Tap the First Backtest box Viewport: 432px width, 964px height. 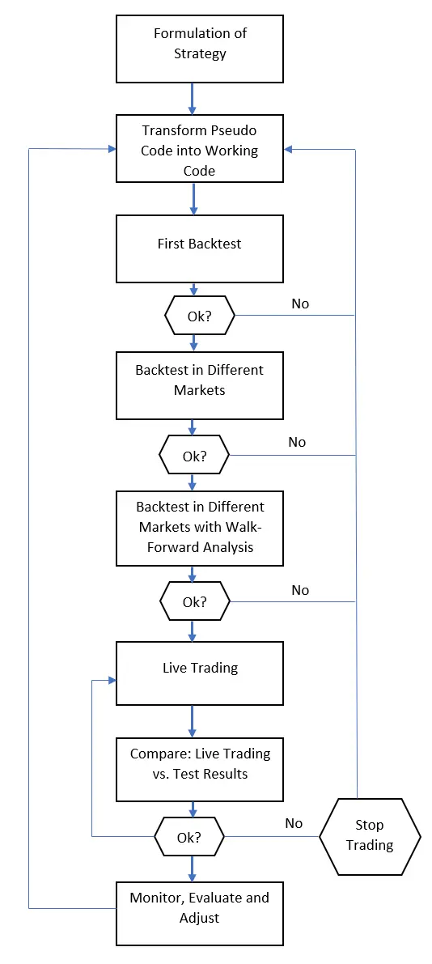click(x=200, y=248)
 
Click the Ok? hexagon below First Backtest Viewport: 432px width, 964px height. click(x=200, y=316)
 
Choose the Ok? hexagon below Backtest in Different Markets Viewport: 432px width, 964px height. click(x=194, y=456)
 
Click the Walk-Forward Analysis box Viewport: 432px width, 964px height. click(x=200, y=528)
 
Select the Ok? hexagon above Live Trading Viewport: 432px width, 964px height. click(x=194, y=601)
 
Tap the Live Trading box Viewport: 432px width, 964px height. click(x=200, y=673)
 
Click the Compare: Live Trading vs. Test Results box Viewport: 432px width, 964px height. click(x=200, y=769)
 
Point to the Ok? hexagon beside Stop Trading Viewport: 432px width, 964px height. click(x=189, y=836)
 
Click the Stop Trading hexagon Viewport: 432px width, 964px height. click(x=370, y=836)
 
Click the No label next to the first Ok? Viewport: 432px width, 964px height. click(x=300, y=304)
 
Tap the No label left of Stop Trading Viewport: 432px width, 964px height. click(x=294, y=823)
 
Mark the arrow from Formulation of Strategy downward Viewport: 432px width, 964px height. click(x=193, y=99)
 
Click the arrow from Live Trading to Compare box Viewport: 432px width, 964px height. click(x=193, y=721)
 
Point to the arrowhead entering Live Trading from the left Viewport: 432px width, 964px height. click(x=112, y=681)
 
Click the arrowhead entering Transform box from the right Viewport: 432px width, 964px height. click(x=288, y=150)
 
